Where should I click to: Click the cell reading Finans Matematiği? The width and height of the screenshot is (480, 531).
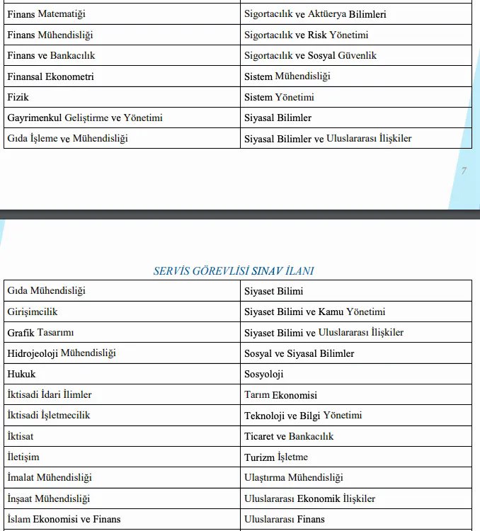(46, 14)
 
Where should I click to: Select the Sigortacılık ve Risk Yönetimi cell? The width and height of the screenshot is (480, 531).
(306, 35)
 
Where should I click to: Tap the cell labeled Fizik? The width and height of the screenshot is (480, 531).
(18, 97)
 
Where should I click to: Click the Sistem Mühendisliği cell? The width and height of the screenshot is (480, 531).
(287, 76)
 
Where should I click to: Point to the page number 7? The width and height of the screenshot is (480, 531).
(464, 171)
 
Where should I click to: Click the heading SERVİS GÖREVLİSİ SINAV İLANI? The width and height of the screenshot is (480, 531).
(234, 270)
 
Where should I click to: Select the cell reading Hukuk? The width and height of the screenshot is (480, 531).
(21, 374)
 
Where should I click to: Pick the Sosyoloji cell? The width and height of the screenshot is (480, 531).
(263, 374)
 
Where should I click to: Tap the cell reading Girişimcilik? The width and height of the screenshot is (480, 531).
(33, 312)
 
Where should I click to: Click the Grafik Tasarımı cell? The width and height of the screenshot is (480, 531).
(40, 332)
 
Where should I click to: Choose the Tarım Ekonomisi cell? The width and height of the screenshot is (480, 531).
(280, 395)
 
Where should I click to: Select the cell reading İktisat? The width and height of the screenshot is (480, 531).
(21, 436)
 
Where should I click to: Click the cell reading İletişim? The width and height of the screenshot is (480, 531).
(23, 457)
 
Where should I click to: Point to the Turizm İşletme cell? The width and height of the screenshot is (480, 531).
(276, 457)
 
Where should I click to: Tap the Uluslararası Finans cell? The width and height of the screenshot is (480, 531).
(284, 519)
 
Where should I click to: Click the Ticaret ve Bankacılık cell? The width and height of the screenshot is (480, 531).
(289, 436)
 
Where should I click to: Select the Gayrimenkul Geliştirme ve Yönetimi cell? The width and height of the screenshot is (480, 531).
(85, 118)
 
